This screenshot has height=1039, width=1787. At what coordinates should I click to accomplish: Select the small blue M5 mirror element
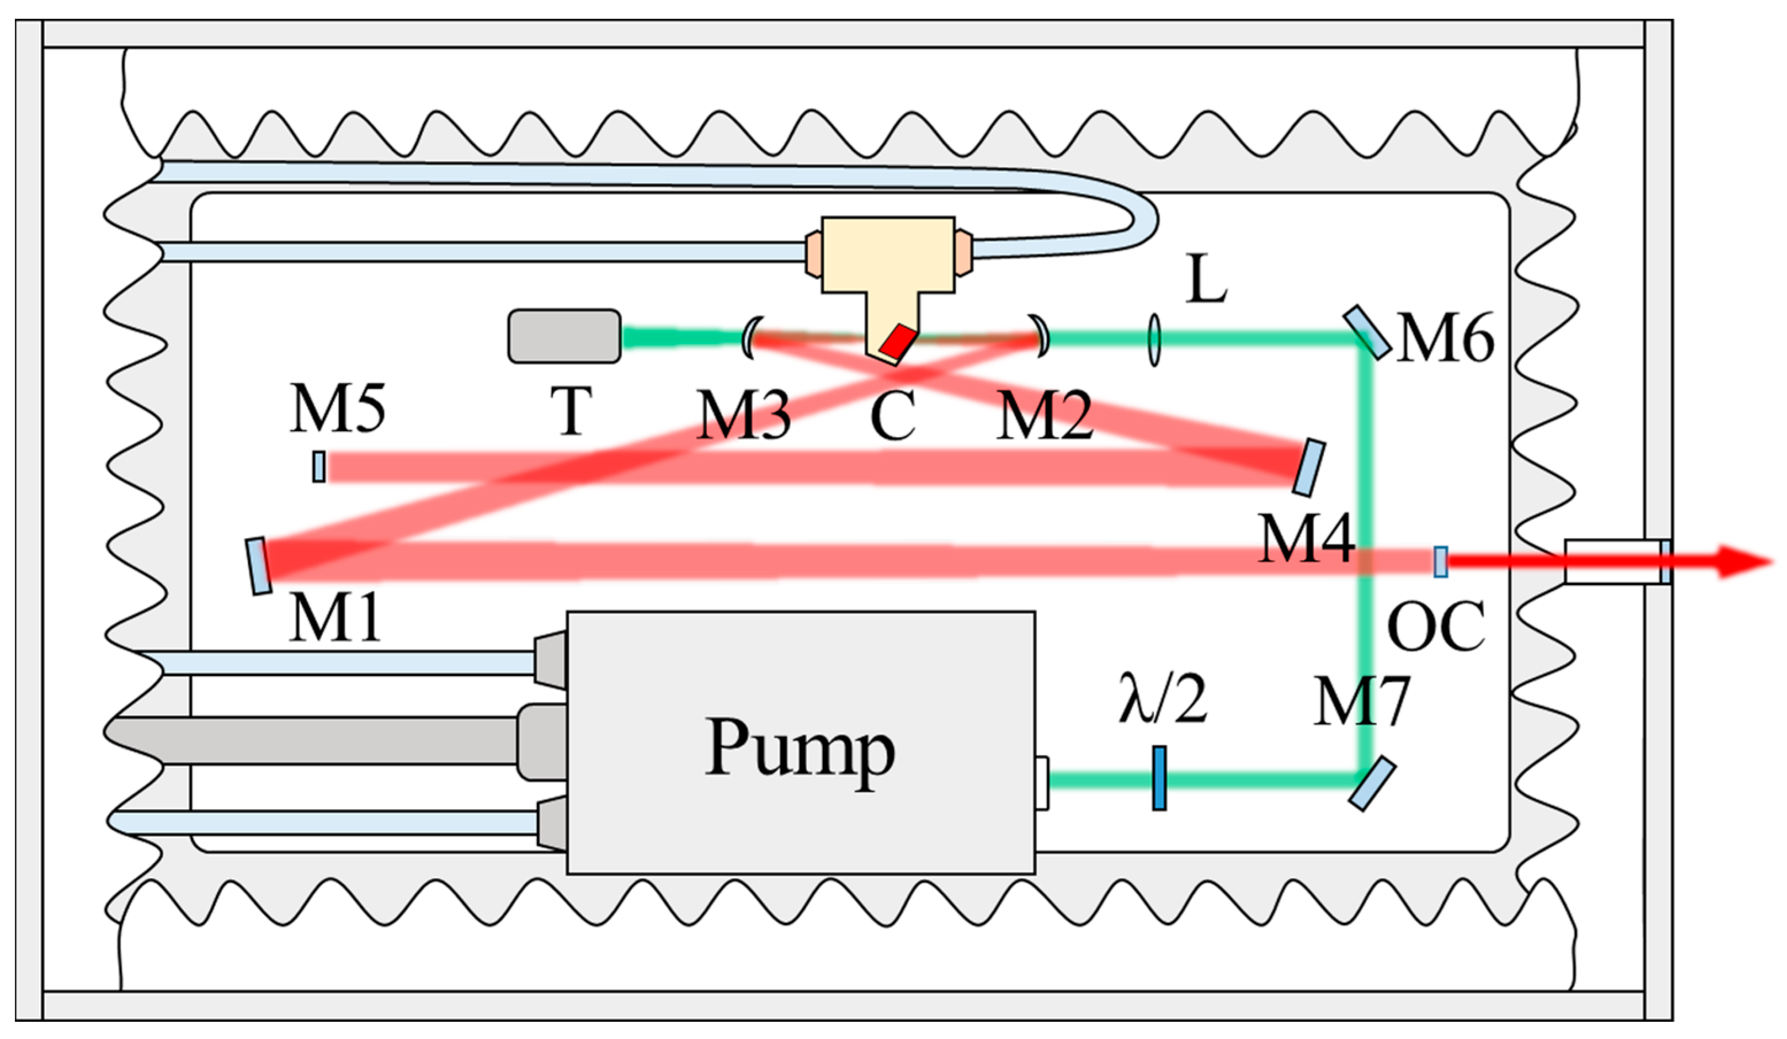coord(319,467)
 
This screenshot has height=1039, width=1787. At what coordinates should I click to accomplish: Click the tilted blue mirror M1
coord(259,566)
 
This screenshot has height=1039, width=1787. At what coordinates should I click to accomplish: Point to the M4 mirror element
coord(1309,468)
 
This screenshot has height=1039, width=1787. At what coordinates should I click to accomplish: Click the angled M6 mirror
coord(1366,333)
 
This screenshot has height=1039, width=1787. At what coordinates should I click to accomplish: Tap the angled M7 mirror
coord(1372,784)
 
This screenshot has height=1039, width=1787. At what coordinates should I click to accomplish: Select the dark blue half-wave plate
coord(1159,778)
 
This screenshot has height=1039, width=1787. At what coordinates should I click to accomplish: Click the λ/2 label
coord(1162,700)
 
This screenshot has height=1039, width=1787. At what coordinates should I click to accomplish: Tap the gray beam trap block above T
coord(564,336)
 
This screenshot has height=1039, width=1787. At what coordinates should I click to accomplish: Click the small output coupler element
coord(1441,561)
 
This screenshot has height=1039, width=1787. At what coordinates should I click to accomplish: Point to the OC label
coord(1436,627)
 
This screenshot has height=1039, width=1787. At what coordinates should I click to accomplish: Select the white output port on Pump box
coord(1042,782)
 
